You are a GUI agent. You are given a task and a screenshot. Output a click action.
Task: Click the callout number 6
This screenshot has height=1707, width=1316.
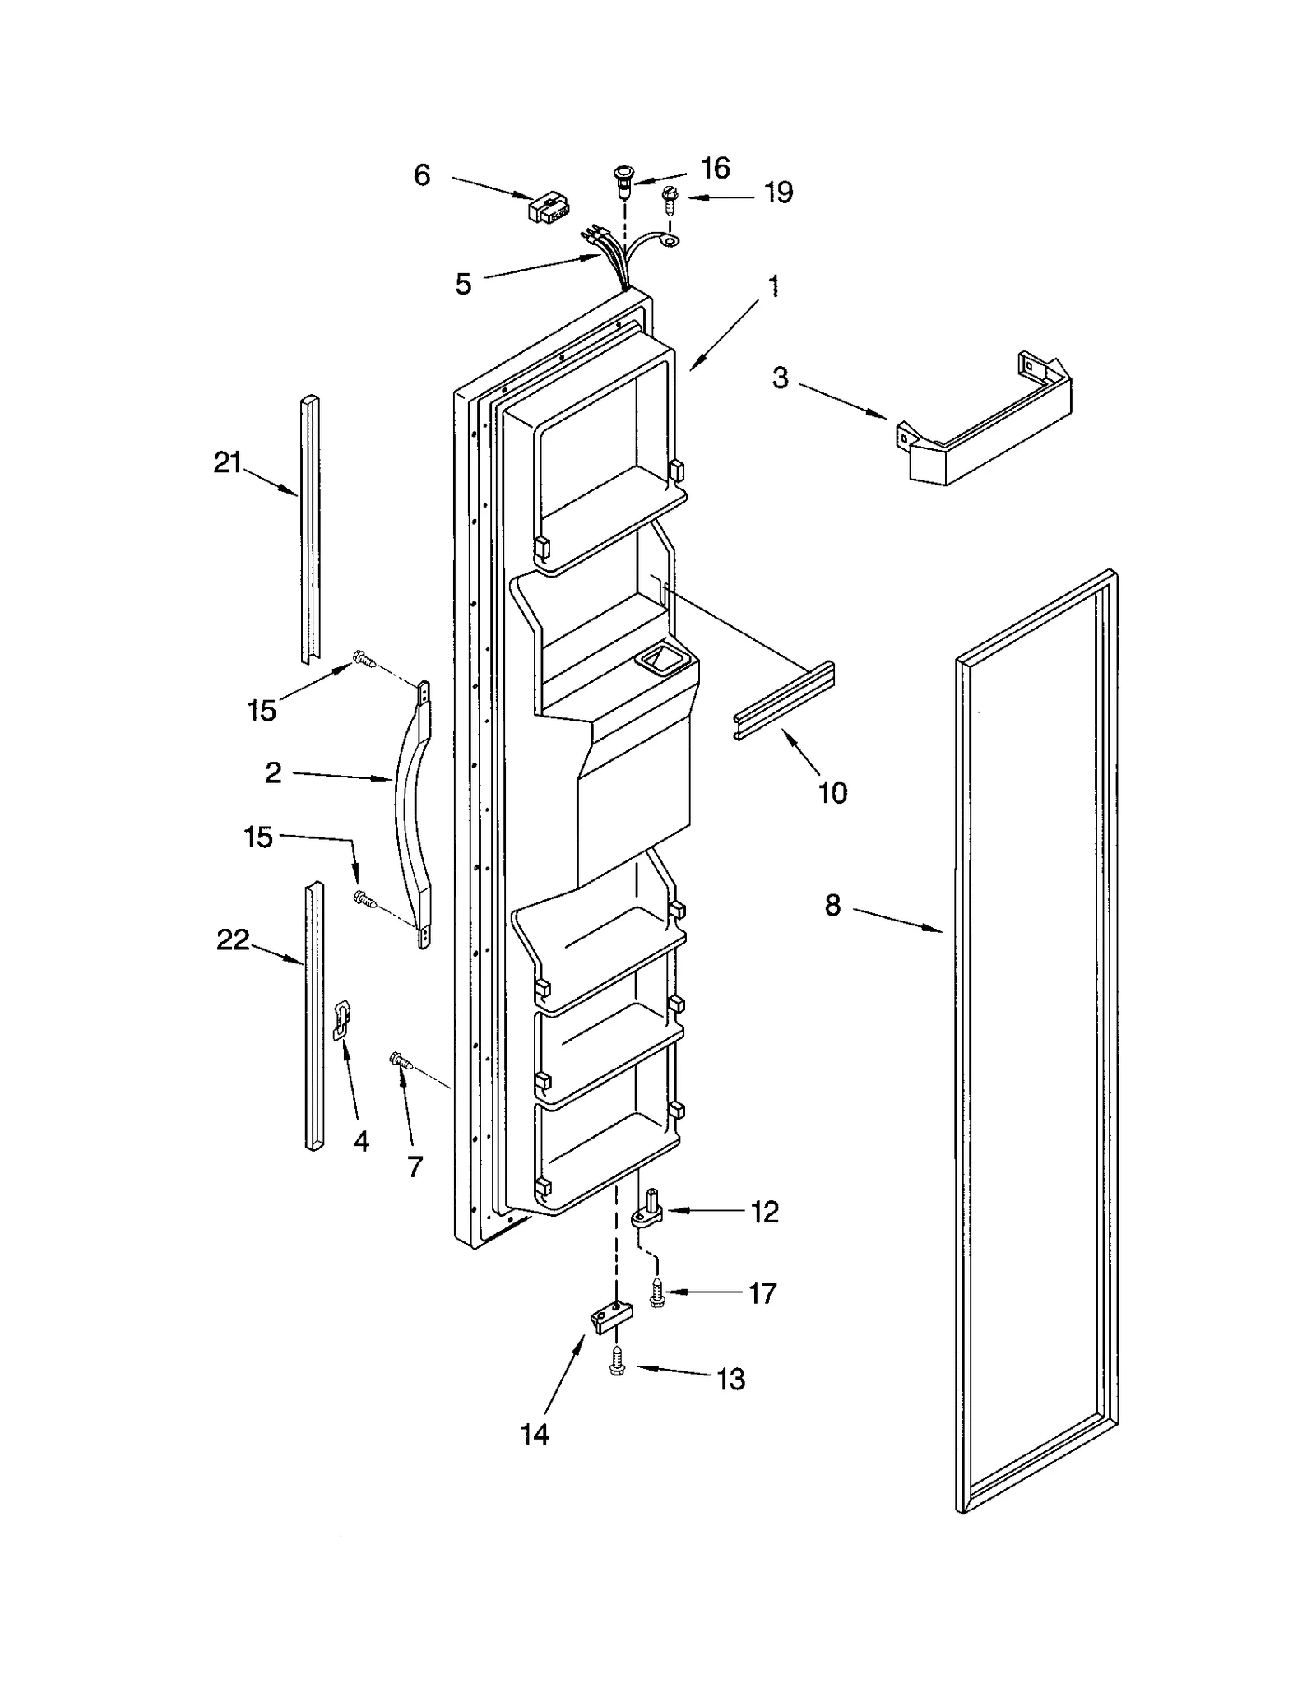[422, 174]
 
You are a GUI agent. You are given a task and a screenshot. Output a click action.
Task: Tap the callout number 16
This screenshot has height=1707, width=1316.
[715, 168]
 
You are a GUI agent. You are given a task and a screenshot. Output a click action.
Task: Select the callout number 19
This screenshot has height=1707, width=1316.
[778, 193]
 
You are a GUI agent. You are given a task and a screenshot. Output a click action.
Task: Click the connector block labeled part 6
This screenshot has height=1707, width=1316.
[549, 208]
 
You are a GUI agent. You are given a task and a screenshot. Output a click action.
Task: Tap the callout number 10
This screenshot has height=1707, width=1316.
[832, 792]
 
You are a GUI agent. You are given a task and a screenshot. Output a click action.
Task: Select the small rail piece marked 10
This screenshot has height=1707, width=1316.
[784, 700]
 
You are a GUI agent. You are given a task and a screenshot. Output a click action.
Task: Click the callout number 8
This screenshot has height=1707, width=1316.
[832, 906]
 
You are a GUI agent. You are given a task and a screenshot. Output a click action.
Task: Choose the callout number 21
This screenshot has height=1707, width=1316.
[227, 463]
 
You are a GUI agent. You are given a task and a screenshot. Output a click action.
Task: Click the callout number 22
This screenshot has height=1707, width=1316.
[232, 939]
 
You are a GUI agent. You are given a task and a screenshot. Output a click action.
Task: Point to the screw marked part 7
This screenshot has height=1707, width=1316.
[401, 1061]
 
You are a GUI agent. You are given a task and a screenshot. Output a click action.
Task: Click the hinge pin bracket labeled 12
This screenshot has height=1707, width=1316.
[649, 1214]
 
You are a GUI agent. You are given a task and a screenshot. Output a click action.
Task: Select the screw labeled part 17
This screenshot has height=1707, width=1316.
[656, 1294]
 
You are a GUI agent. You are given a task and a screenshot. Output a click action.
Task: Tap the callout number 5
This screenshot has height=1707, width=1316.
[464, 285]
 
